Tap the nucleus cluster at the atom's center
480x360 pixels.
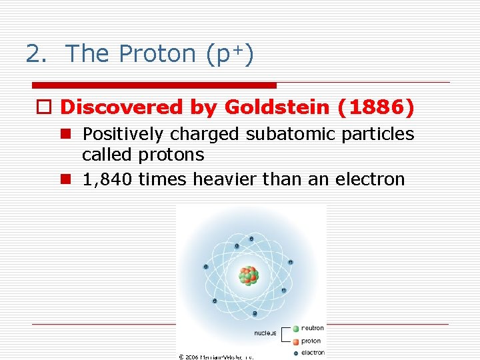pos(249,275)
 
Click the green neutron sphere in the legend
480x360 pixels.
pos(295,328)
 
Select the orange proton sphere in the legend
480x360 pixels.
pos(295,341)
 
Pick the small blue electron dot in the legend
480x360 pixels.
pos(295,353)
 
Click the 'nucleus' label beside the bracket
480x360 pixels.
pos(265,333)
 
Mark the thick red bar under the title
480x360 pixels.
pos(154,85)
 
